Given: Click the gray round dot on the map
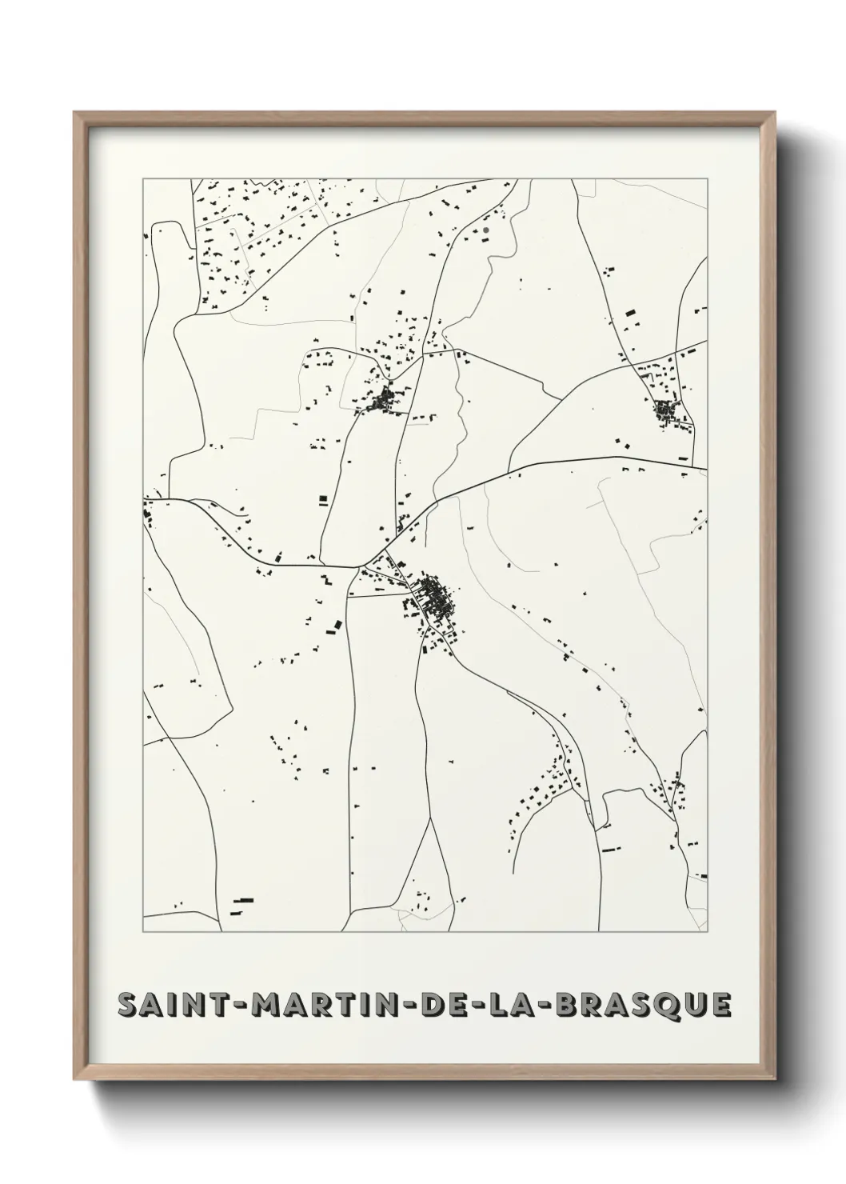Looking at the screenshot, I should [485, 230].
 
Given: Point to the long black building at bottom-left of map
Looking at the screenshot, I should [242, 900].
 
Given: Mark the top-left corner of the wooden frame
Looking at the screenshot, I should [75, 113].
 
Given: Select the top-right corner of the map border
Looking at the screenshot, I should [708, 179].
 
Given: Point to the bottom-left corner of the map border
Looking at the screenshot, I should [143, 932].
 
